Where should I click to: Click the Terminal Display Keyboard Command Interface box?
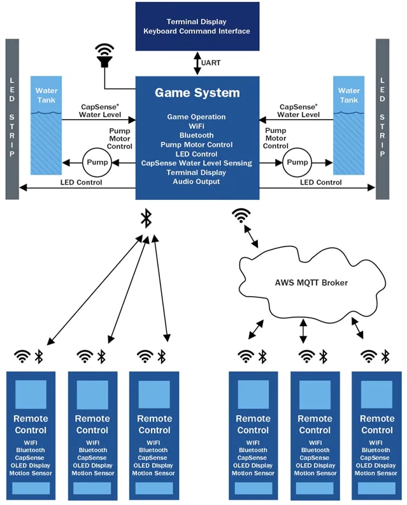click(x=197, y=26)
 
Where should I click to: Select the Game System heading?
click(x=197, y=93)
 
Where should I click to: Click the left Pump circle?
click(x=97, y=163)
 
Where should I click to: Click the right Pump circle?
click(x=297, y=163)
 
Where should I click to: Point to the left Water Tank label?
click(x=46, y=96)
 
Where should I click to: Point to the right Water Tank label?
click(x=348, y=96)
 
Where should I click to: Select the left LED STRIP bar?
click(x=12, y=118)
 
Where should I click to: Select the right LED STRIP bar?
click(x=382, y=118)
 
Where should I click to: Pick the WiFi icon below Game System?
click(x=241, y=216)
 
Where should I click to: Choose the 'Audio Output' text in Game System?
click(x=197, y=181)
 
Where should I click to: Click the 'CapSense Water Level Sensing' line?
click(x=197, y=163)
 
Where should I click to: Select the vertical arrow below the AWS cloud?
click(x=303, y=331)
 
